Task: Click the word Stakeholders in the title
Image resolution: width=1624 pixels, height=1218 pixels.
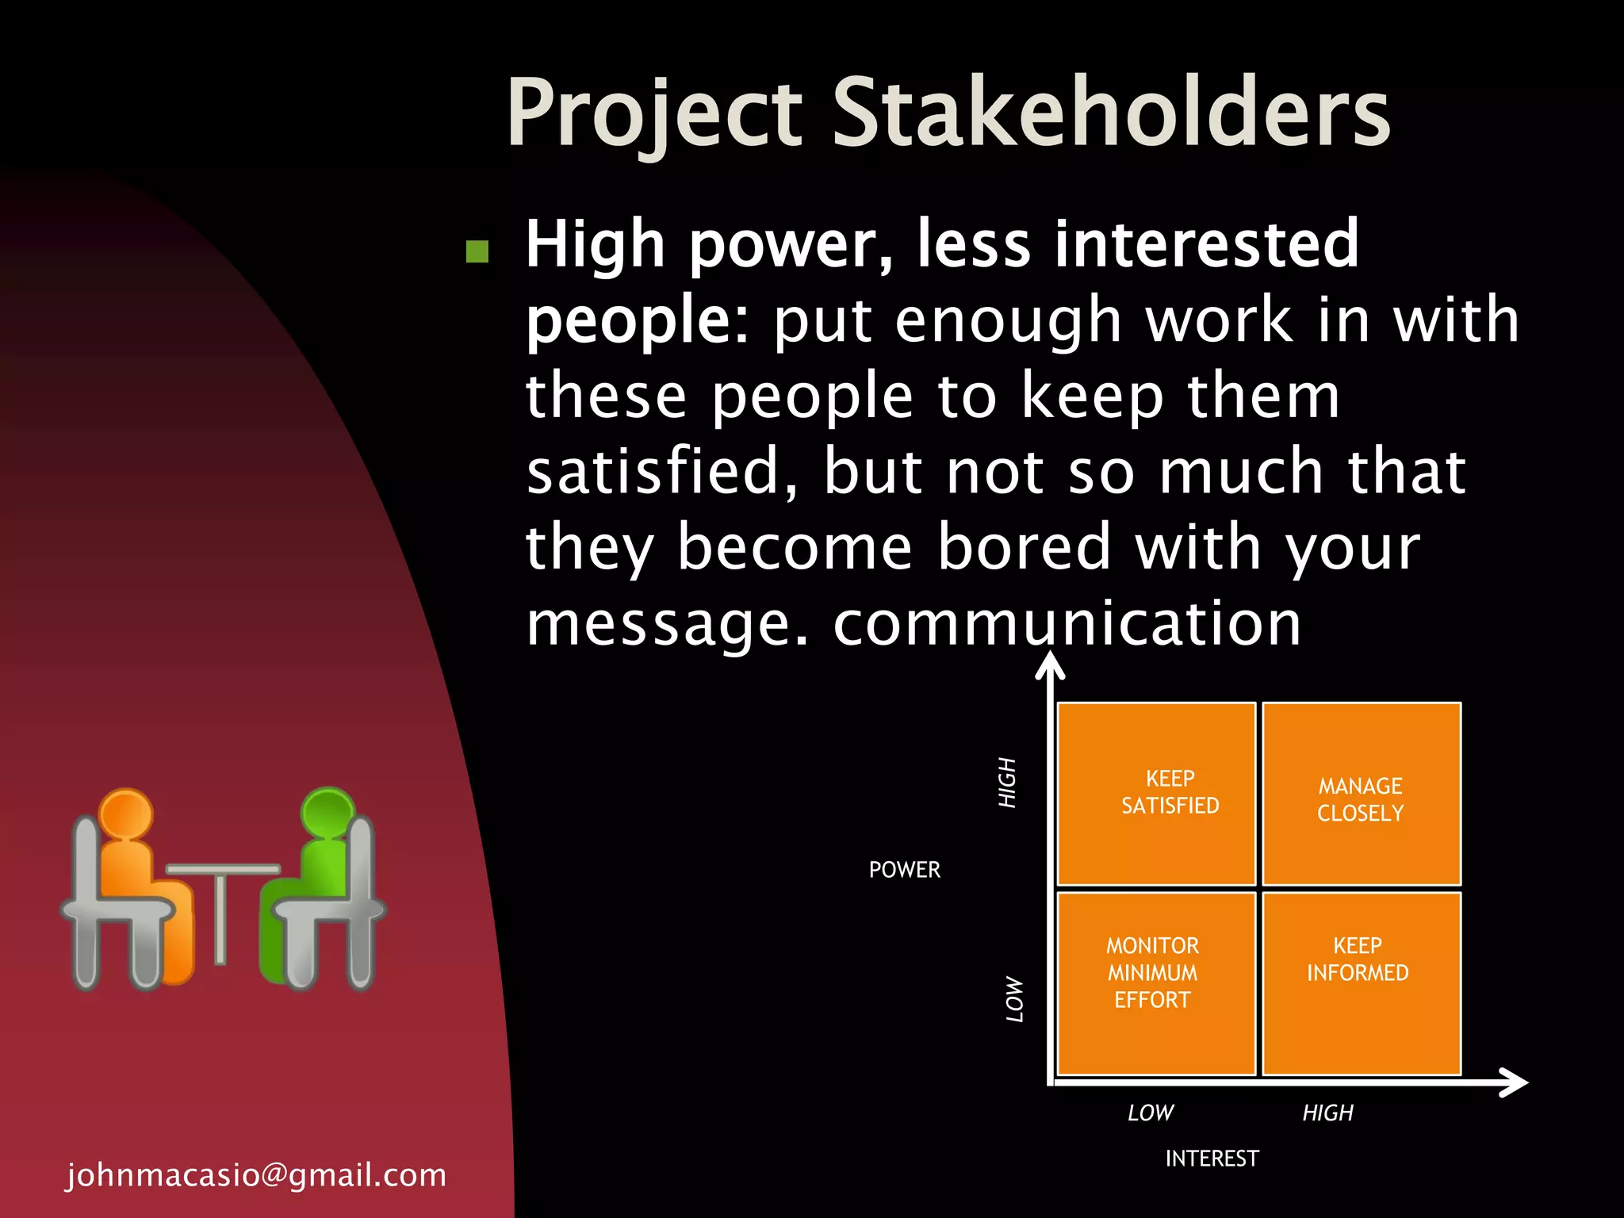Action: coord(1110,113)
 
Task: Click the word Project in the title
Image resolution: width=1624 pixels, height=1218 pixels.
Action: coord(655,113)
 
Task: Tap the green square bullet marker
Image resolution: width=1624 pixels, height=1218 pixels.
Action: coord(477,251)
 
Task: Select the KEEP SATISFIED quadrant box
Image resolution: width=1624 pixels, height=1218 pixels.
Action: coord(1156,793)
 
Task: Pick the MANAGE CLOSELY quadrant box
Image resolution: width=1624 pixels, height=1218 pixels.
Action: coord(1361,793)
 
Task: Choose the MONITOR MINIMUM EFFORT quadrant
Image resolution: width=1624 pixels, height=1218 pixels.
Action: coord(1156,982)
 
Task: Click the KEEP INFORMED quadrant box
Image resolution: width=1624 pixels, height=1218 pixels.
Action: coord(1361,982)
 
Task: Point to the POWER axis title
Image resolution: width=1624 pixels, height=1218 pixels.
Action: coord(904,870)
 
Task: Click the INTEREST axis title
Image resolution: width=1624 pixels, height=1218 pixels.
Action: coord(1211,1159)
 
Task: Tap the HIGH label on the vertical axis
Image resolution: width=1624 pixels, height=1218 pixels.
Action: coord(1007,783)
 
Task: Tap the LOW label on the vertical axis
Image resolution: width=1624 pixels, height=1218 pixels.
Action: coord(1014,999)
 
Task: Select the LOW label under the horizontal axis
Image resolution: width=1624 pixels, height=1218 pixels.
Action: coord(1150,1113)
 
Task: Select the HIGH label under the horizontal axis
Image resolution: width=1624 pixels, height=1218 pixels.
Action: coord(1327,1113)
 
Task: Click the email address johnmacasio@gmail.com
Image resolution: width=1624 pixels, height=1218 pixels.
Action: coord(256,1174)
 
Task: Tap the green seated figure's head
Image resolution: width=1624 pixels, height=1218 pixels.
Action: coord(327,810)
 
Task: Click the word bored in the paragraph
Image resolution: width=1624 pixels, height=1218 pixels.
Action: coord(1023,547)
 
